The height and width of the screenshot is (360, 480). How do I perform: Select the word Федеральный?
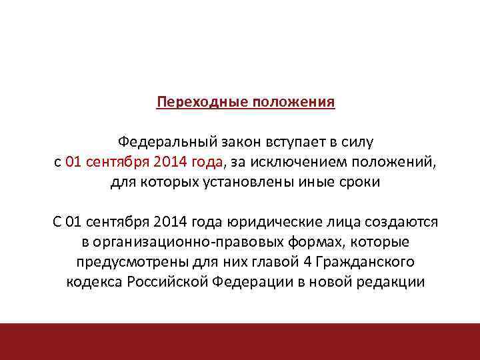(x=157, y=142)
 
